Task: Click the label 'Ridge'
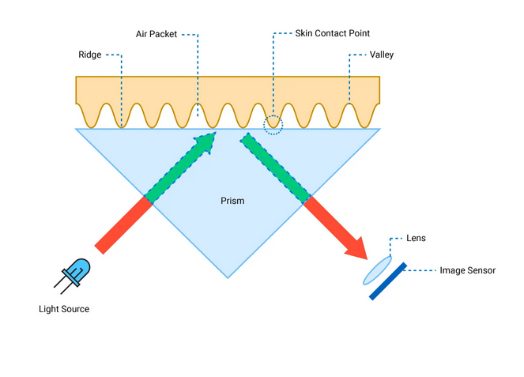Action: pos(89,55)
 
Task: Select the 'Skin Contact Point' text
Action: pos(332,34)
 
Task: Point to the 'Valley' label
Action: pos(382,55)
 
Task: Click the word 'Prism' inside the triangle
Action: pos(232,201)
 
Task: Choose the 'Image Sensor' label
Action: pos(467,270)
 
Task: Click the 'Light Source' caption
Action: pos(64,309)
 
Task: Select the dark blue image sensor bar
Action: pos(389,281)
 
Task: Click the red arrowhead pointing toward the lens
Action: pos(357,247)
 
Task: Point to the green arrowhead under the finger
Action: pos(205,143)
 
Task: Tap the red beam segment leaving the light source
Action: pos(123,225)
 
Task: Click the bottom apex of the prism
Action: pos(228,277)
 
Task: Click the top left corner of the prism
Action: pos(76,129)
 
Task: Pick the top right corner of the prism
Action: pos(380,129)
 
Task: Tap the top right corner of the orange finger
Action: pos(379,77)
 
